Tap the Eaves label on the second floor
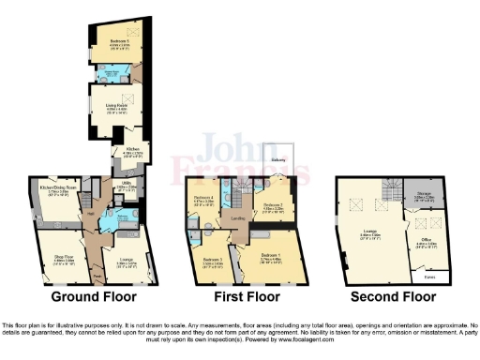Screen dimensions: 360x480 click(x=429, y=277)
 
